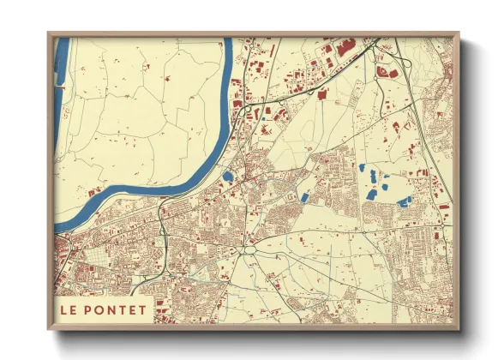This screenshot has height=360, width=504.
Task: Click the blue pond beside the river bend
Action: coord(227,177)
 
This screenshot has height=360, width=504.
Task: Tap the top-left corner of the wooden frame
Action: coord(49,33)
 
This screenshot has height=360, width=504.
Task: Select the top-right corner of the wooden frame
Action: coord(459,33)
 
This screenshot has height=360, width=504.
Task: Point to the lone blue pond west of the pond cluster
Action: coord(304,198)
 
